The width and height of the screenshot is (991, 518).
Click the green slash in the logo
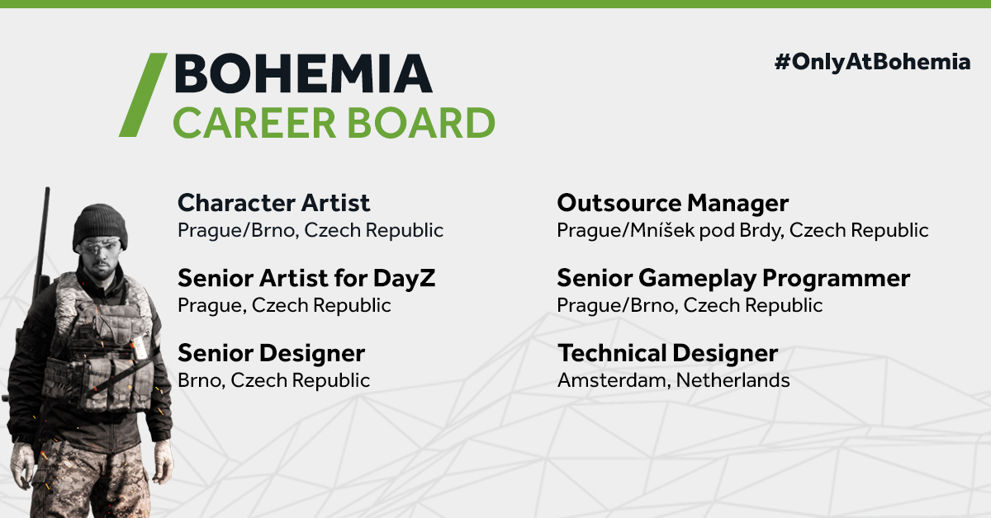[144, 95]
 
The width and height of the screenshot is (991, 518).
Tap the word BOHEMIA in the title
[303, 73]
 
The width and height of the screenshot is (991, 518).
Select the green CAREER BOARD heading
[334, 122]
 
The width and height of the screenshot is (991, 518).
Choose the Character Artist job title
[273, 203]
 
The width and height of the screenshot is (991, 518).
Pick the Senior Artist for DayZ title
[306, 279]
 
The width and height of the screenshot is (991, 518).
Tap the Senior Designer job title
[271, 354]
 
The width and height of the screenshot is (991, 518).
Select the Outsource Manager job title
[672, 204]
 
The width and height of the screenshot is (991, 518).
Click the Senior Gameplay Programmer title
[733, 279]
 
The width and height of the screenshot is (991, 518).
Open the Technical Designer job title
[667, 354]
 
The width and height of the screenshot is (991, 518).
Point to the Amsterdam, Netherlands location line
[673, 380]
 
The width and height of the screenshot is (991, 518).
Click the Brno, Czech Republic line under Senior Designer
[273, 380]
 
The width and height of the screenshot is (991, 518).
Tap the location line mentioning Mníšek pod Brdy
[742, 230]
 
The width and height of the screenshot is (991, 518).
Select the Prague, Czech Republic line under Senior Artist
[284, 305]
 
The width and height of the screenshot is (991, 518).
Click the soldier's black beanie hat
[100, 225]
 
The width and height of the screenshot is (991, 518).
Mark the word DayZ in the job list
[404, 279]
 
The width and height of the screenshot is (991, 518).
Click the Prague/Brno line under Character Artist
[311, 230]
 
